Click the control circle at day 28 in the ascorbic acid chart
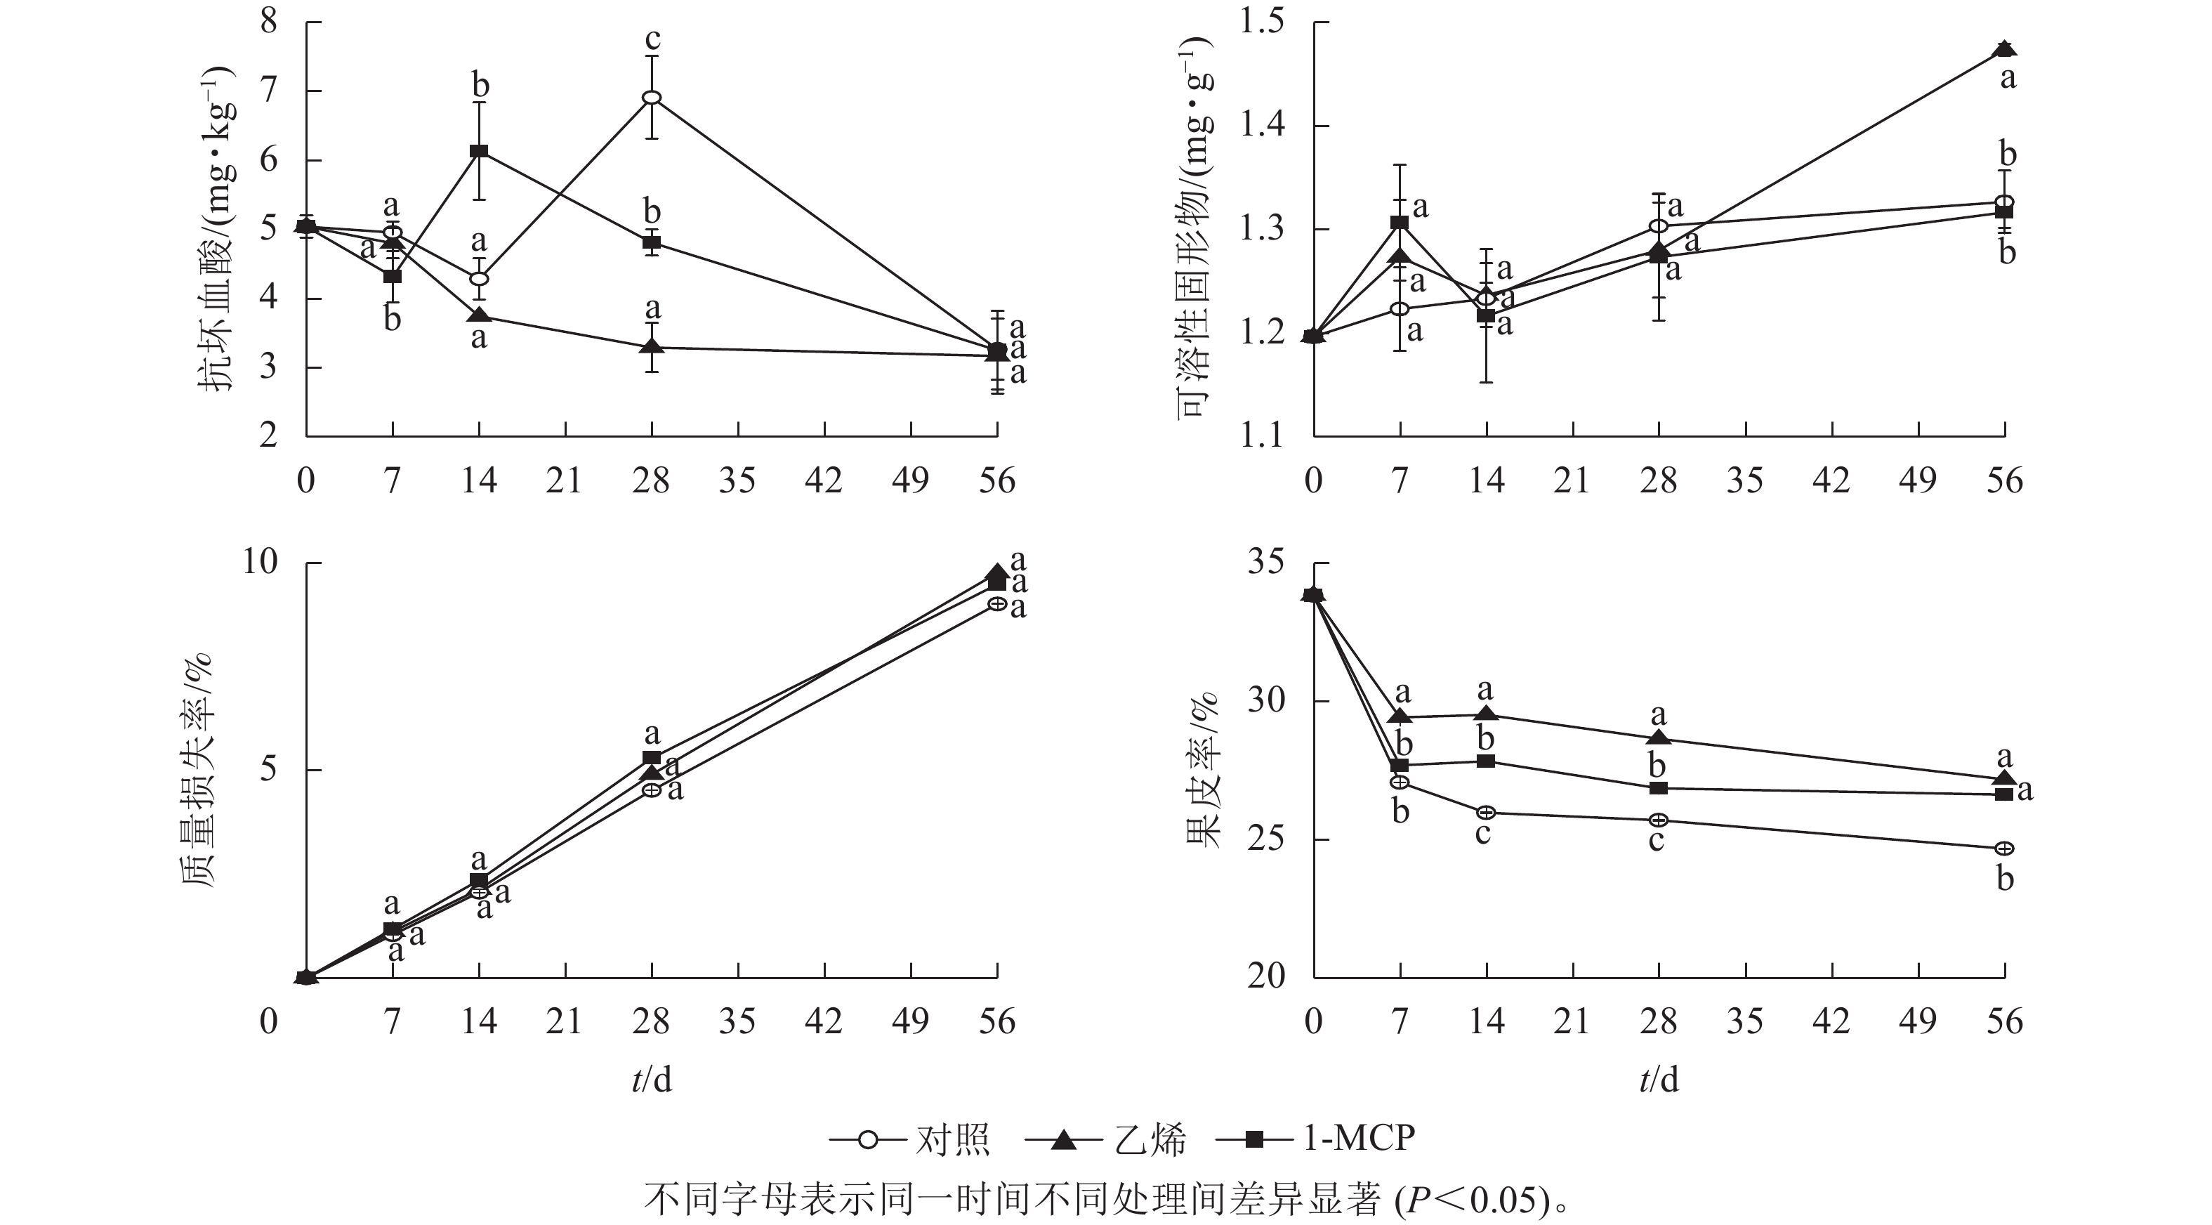tap(652, 97)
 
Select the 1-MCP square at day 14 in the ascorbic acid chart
tap(479, 151)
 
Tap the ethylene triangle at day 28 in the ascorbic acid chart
tap(652, 346)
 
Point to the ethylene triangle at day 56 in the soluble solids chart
tap(2004, 48)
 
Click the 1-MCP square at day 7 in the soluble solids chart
tap(1400, 223)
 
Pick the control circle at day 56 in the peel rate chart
tap(2004, 849)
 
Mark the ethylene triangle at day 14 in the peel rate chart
tap(1487, 714)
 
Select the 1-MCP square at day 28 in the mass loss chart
tap(652, 758)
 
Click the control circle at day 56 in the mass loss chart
tap(997, 604)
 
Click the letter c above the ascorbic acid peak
tap(652, 39)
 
